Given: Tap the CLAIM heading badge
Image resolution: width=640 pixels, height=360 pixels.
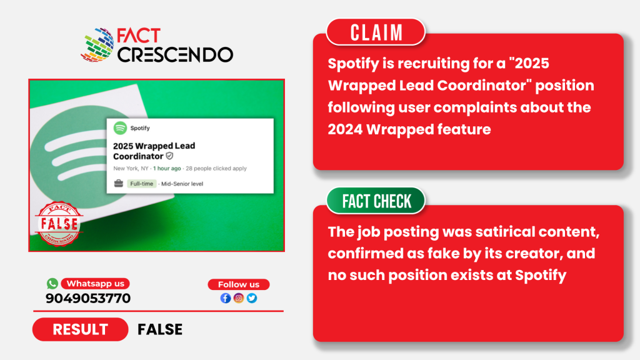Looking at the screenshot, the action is pos(376,32).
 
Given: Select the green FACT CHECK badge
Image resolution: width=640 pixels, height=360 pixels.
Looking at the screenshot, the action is pos(376,201).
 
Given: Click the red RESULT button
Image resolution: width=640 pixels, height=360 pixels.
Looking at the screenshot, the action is pos(81,329).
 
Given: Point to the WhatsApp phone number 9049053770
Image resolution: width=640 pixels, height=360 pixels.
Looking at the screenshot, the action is pos(88,298).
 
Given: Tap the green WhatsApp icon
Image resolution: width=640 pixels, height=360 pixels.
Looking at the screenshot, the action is pos(52,283).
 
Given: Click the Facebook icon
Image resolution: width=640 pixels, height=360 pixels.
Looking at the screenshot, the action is pos(225,298).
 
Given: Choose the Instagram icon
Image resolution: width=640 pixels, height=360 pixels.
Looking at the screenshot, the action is pos(239,298).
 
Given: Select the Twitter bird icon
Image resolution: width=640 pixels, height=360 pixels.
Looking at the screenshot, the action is pos(252,298).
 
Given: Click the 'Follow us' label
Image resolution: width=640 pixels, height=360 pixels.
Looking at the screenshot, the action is pos(239,284).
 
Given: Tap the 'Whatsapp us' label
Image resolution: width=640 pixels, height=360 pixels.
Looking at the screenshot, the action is pos(96,284).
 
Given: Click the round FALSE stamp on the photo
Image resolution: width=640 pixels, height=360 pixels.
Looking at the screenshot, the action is pos(59,224).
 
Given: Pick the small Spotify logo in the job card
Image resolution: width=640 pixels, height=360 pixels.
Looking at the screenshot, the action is pos(120,128).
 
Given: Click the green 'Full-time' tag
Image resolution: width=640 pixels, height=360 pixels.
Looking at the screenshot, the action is pos(142,184).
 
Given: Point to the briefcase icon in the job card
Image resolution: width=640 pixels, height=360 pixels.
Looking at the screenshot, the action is pos(118,183).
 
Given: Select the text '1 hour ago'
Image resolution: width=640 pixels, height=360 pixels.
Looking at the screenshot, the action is pos(167,168).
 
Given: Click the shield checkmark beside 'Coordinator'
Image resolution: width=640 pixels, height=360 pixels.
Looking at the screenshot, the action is pos(169,156).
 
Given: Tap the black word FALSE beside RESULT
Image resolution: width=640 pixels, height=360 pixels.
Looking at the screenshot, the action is pos(160,329).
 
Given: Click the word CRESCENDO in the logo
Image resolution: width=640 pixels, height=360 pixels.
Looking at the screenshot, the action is pos(175,55).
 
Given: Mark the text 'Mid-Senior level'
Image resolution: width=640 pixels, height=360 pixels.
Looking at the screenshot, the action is pos(182,184).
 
